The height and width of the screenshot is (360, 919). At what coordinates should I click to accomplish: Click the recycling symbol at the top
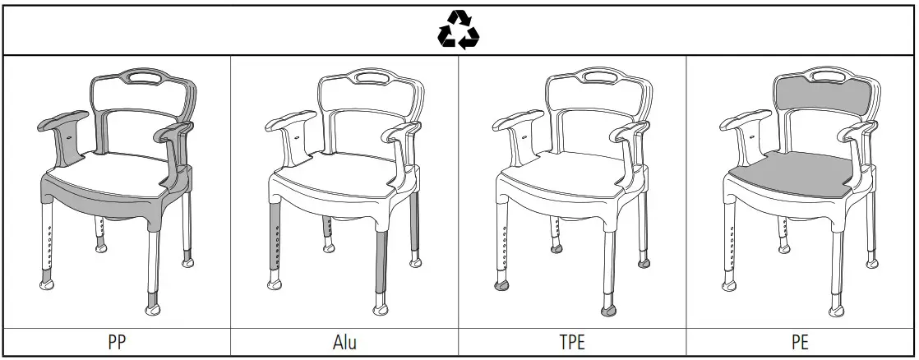[x=458, y=30]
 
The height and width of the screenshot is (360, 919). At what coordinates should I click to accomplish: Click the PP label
[x=117, y=342]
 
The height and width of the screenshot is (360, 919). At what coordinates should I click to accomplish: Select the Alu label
[x=344, y=342]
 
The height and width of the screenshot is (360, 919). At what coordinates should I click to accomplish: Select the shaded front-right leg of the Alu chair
[x=379, y=263]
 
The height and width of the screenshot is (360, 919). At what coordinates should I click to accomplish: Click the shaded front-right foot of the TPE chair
[x=609, y=311]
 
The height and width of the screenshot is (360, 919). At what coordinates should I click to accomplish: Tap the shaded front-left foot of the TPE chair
[x=501, y=286]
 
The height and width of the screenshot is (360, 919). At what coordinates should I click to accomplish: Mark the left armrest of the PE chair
[x=743, y=122]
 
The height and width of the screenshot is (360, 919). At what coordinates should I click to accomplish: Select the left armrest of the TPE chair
[x=516, y=122]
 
